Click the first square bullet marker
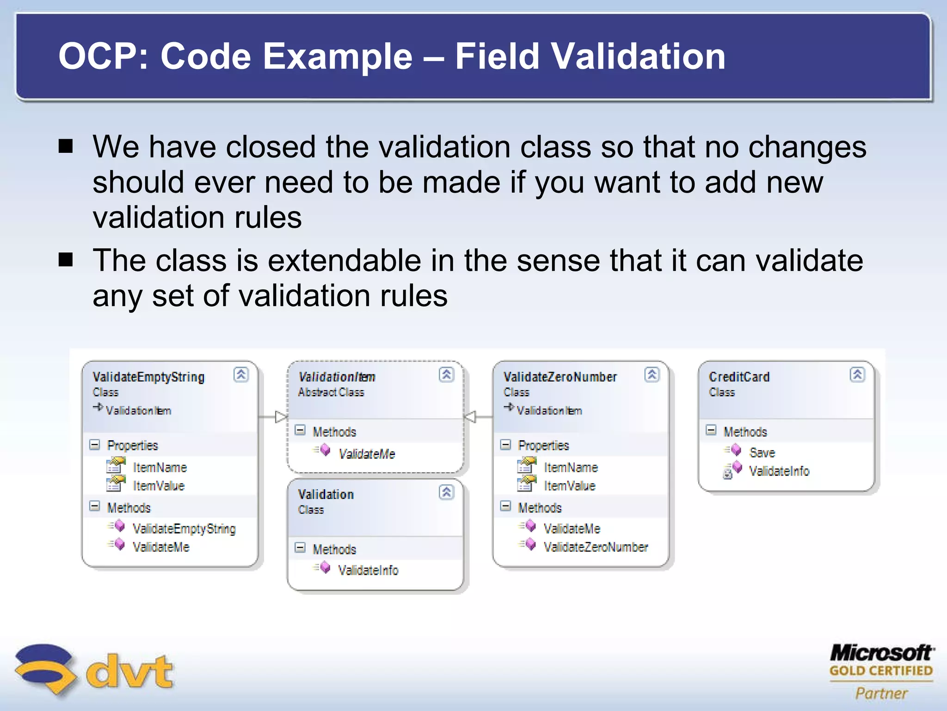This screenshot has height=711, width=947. [66, 147]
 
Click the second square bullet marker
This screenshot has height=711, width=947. [66, 260]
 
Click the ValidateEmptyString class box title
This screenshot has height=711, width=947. [148, 377]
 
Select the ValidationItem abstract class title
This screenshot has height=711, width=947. [337, 377]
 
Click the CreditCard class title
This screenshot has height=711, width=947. [739, 377]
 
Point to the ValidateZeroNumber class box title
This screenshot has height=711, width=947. [560, 377]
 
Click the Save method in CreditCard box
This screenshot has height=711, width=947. [762, 452]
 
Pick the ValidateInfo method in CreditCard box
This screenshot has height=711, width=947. [779, 471]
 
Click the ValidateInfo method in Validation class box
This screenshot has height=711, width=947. [368, 570]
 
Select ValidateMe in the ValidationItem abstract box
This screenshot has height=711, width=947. [367, 454]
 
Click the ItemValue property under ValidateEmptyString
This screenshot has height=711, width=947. [159, 486]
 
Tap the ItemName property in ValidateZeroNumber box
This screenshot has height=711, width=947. [571, 468]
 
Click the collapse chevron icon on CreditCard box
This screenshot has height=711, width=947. [857, 374]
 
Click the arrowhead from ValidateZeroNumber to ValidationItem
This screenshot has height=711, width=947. [470, 417]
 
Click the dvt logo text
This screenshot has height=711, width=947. [129, 671]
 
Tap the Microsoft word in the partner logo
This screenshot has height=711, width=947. [881, 653]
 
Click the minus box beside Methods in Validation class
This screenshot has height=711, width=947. [300, 548]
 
